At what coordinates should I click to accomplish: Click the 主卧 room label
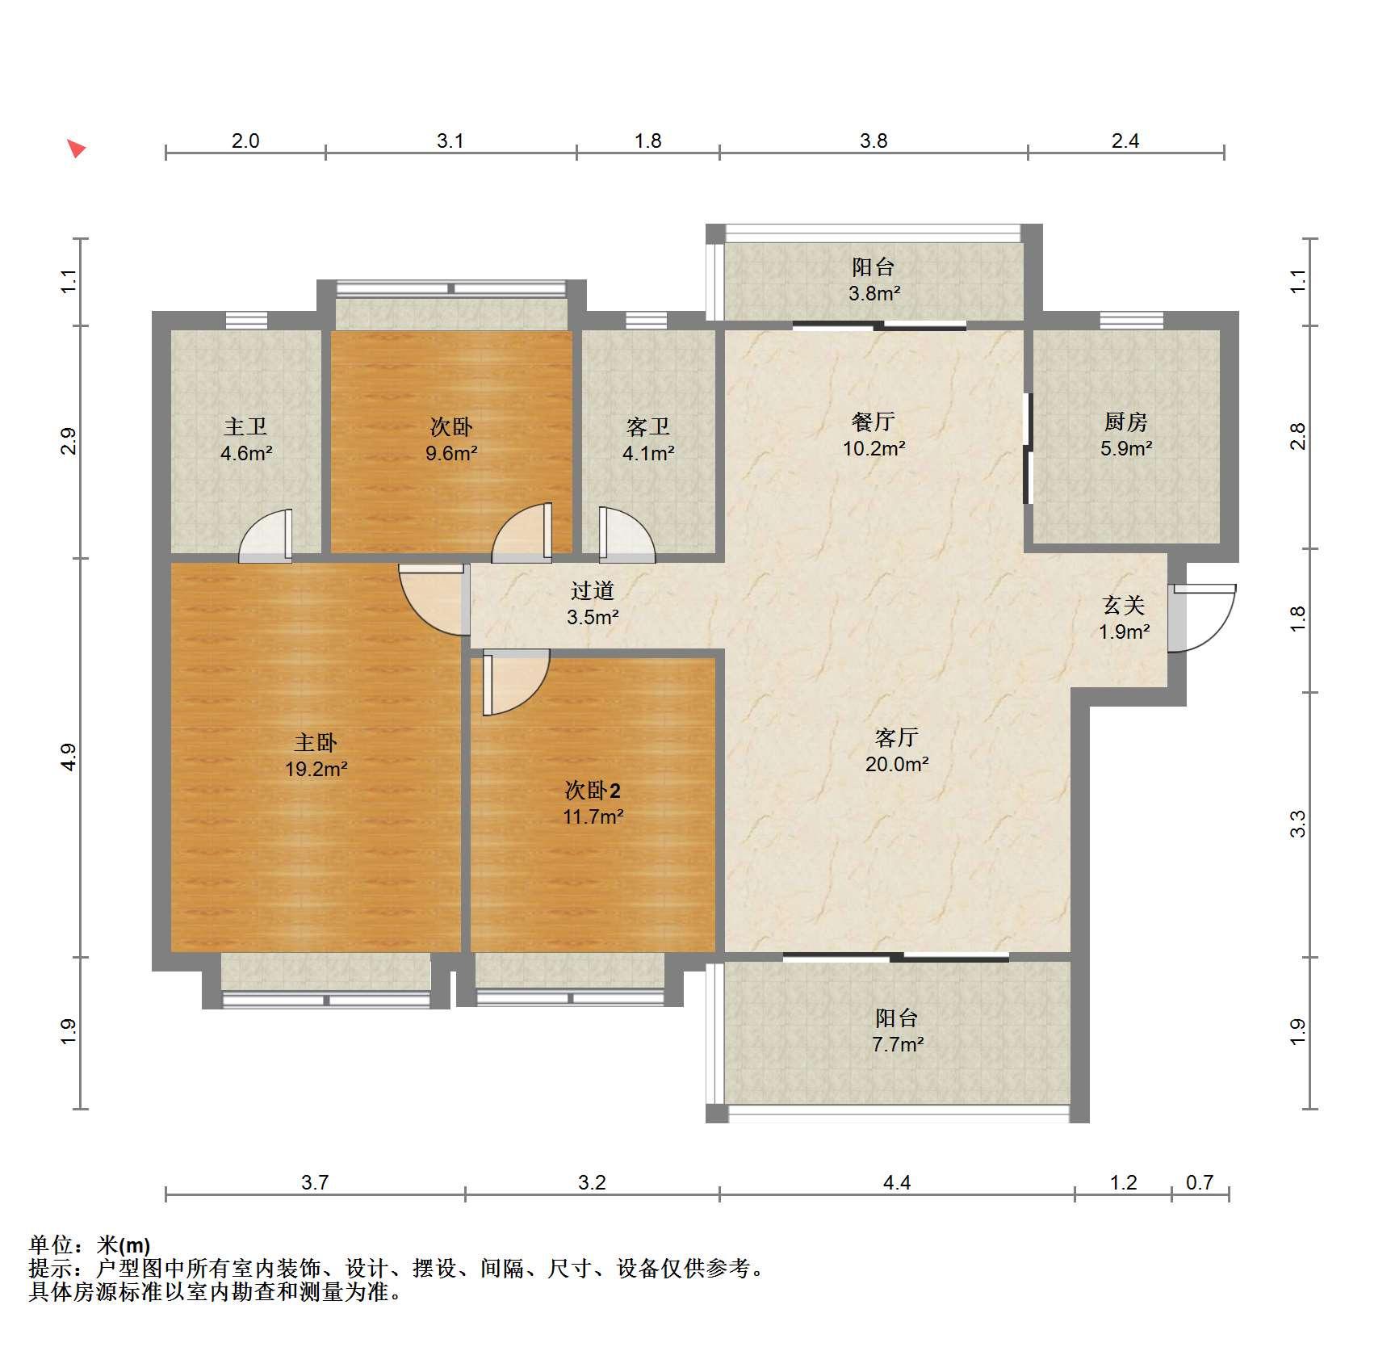[315, 742]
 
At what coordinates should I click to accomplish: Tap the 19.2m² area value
[316, 769]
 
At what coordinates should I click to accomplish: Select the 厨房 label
[1125, 422]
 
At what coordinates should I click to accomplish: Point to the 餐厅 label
[874, 422]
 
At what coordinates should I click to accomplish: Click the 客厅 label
[896, 737]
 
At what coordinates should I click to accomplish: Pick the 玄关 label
[1124, 605]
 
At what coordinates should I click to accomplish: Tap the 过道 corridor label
[593, 590]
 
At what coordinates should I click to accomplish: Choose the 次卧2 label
[593, 790]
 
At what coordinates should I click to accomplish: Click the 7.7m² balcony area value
[897, 1044]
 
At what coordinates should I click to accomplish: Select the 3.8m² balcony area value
[874, 293]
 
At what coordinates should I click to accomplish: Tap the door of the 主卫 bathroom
[266, 535]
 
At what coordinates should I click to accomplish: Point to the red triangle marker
[76, 149]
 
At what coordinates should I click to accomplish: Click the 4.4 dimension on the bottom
[896, 1183]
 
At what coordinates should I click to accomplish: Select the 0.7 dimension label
[1200, 1183]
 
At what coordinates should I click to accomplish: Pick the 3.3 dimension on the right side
[1297, 825]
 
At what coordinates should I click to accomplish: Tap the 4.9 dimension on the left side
[69, 757]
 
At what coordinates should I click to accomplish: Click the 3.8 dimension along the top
[874, 141]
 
